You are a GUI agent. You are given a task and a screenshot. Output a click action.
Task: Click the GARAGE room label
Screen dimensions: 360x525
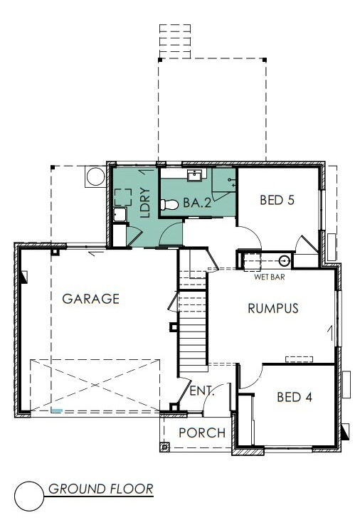point(91,299)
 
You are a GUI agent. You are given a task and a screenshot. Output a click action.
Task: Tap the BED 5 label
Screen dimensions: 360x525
point(277,200)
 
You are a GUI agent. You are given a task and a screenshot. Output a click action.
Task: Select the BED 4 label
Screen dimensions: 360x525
point(295,397)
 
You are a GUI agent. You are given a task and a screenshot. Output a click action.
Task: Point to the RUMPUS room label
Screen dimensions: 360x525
point(273,308)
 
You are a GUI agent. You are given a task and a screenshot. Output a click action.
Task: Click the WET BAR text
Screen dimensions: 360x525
point(270,277)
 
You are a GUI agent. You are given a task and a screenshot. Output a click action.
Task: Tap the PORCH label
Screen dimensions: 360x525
point(202,433)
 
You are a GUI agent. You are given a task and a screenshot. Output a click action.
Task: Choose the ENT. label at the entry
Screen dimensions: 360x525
point(201,391)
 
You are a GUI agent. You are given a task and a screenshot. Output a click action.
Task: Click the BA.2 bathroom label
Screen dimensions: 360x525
point(197,203)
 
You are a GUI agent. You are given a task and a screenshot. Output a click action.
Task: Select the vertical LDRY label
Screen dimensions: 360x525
point(144,203)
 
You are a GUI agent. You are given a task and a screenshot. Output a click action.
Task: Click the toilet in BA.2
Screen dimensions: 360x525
point(169,205)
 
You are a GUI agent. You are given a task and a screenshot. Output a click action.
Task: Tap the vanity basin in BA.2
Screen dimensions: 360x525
point(194,175)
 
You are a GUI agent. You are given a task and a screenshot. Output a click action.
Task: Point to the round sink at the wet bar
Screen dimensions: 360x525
point(285,260)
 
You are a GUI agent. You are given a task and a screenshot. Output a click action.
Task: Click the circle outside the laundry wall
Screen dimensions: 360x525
point(95,177)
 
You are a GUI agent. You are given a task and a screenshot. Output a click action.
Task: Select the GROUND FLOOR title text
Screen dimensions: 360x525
point(101,489)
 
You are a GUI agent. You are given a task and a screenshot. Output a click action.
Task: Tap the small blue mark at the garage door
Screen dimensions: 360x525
point(56,410)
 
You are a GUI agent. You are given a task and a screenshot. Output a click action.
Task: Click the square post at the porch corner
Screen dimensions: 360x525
point(164,447)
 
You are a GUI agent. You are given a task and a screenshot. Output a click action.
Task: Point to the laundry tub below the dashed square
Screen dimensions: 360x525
point(120,215)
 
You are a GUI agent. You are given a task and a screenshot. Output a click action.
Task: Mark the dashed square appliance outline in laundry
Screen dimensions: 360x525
point(123,197)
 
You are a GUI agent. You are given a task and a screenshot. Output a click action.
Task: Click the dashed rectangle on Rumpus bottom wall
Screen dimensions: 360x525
point(299,359)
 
